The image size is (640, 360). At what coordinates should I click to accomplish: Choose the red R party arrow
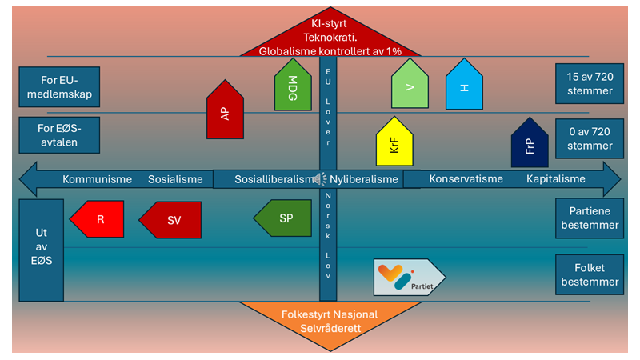pos(97,219)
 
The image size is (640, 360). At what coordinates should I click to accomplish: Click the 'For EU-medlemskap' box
pos(59,87)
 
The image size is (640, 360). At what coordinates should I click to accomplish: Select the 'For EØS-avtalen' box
pos(59,135)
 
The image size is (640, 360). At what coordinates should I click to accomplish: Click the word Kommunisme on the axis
pos(97,179)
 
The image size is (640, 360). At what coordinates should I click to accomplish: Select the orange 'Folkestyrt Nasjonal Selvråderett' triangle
pos(330,322)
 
